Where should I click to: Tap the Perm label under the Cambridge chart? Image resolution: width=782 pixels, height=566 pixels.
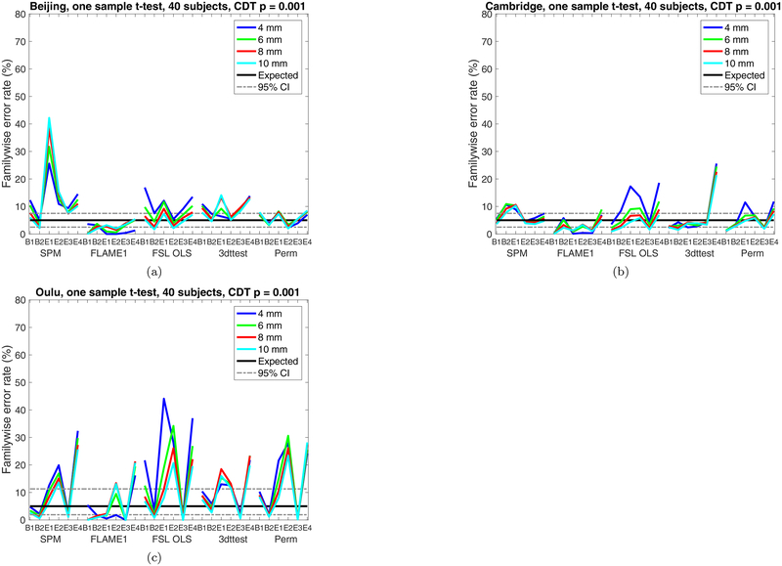pos(751,254)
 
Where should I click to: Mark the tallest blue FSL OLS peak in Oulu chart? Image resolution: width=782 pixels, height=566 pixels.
pos(163,398)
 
